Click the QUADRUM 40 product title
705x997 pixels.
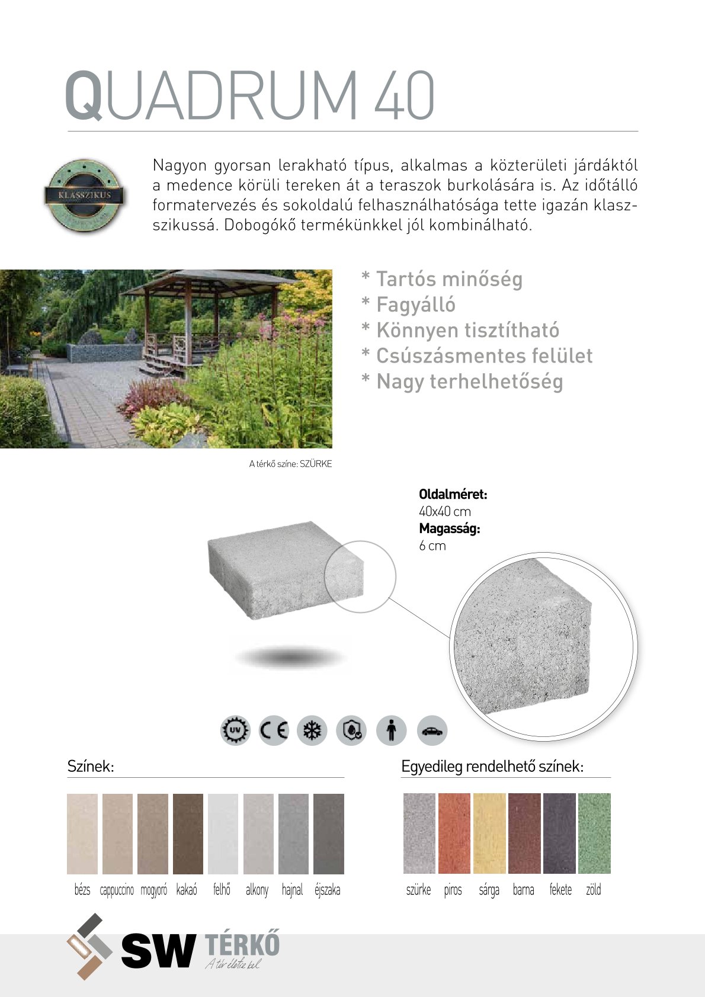point(249,95)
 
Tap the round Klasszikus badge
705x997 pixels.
point(85,195)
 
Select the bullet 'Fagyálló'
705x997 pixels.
point(415,305)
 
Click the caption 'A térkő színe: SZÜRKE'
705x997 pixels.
point(290,464)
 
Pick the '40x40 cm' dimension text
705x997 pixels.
point(445,512)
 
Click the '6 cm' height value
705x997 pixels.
point(432,546)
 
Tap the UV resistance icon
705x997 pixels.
point(235,730)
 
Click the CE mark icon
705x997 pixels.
point(274,730)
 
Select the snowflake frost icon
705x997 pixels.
point(312,730)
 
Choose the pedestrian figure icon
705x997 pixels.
point(391,730)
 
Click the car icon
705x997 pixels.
point(432,730)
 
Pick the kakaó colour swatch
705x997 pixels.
point(188,833)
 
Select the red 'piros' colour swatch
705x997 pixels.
point(454,833)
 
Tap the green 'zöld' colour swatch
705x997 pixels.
point(594,833)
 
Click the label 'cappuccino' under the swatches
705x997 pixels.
point(117,890)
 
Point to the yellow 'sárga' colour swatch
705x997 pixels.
point(489,833)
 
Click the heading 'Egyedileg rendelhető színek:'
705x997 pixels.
point(492,767)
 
